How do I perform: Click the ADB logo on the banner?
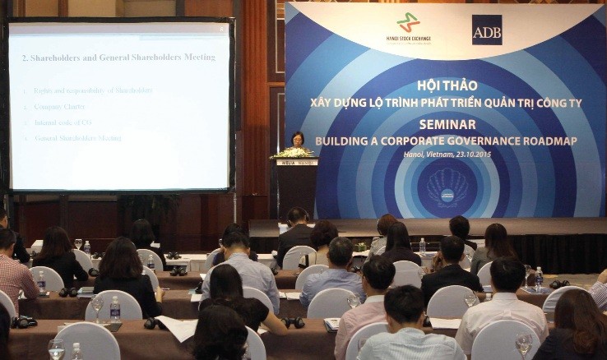coord(486,30)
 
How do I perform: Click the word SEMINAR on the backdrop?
coord(446,124)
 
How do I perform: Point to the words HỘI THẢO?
coord(447,85)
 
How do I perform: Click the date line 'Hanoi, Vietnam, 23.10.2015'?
coord(446,155)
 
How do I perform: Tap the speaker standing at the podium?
coord(298,141)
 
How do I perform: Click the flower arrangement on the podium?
coord(293,153)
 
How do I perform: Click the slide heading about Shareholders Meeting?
coord(118,58)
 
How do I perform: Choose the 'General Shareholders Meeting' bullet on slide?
coord(79,138)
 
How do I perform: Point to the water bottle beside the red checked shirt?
coord(41,283)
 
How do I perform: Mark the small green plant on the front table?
coord(360,246)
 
